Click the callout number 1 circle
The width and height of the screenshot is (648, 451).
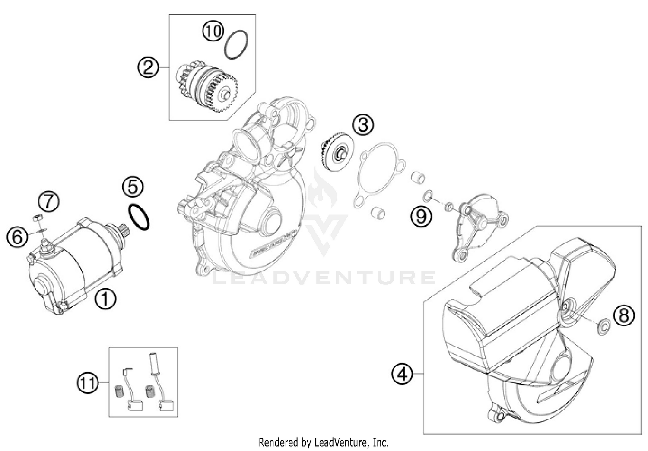pyautogui.click(x=105, y=299)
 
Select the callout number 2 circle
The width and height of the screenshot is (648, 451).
pyautogui.click(x=148, y=68)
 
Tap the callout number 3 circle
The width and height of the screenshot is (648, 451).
pyautogui.click(x=362, y=125)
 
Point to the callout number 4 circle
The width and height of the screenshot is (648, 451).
pyautogui.click(x=402, y=373)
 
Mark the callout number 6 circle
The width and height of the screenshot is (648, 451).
pyautogui.click(x=17, y=237)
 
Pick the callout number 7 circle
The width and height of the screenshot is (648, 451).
pyautogui.click(x=48, y=202)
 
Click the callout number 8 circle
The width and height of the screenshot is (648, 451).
pyautogui.click(x=624, y=315)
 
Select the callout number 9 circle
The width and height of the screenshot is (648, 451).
pyautogui.click(x=421, y=215)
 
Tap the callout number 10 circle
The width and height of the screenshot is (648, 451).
pyautogui.click(x=213, y=31)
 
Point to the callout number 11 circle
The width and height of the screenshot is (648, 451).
pyautogui.click(x=88, y=382)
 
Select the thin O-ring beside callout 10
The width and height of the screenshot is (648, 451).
pyautogui.click(x=237, y=44)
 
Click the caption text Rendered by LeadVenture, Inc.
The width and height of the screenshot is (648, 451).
pyautogui.click(x=324, y=442)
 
